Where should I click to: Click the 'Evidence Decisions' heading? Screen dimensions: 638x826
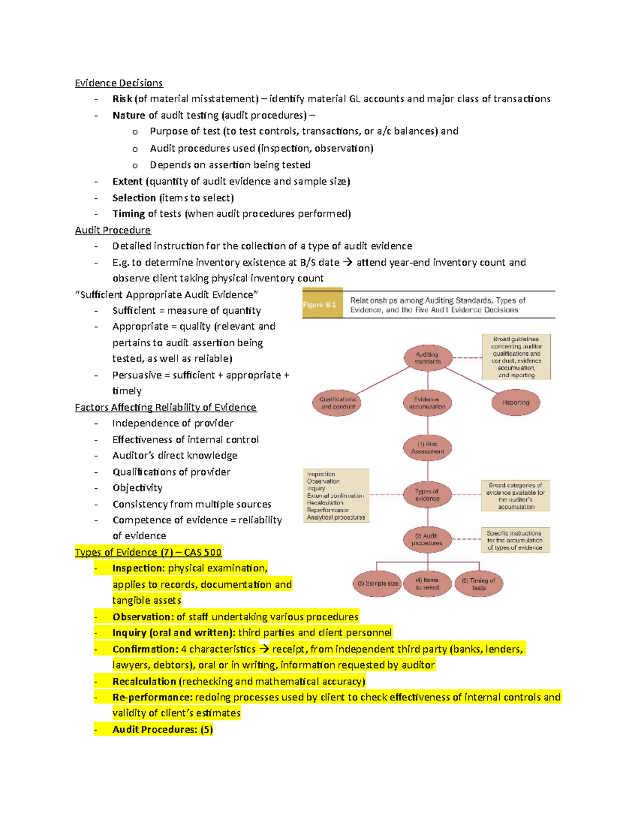coord(119,83)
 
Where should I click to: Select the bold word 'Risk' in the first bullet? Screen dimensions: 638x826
coord(122,99)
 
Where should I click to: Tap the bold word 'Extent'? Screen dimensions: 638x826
coord(127,181)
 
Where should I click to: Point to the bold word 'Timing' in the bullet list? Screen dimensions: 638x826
coord(128,214)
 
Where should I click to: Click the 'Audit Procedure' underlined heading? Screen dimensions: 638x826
coord(113,230)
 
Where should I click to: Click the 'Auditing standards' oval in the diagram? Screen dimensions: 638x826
coord(427,358)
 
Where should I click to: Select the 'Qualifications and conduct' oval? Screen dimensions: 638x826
coord(337,403)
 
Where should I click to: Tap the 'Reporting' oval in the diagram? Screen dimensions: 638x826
coord(515,403)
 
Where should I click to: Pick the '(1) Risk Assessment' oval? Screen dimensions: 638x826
coord(427,448)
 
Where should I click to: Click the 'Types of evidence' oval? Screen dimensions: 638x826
coord(427,495)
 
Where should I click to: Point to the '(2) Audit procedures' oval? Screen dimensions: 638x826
coord(427,539)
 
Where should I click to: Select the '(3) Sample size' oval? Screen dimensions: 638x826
coord(377,583)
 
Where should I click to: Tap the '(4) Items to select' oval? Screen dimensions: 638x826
coord(427,583)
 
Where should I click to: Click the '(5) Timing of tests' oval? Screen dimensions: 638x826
coord(478,583)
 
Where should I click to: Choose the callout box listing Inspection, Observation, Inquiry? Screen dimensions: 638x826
coord(336,495)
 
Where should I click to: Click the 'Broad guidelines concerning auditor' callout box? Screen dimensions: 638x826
coord(516,357)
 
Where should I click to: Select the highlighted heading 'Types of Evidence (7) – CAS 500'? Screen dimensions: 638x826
coord(148,552)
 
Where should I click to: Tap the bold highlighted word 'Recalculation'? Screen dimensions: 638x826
coord(144,681)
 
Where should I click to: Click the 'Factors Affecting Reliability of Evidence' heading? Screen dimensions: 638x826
coord(165,407)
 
